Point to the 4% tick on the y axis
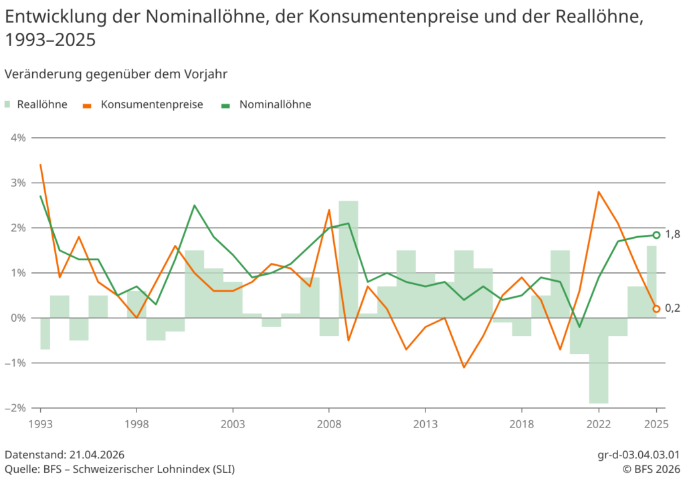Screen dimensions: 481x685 [x=17, y=138]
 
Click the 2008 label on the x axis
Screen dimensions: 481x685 [x=328, y=423]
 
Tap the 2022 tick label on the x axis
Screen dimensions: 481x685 [x=599, y=423]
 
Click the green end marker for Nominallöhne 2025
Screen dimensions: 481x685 [x=656, y=235]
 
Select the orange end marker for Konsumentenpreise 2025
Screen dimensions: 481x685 [x=656, y=309]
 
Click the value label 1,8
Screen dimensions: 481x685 [x=672, y=234]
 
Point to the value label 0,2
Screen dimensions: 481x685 [x=672, y=308]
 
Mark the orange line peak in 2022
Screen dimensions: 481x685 [x=599, y=192]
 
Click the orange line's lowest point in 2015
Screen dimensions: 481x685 [x=464, y=367]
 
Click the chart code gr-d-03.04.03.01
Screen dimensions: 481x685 [x=638, y=455]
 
